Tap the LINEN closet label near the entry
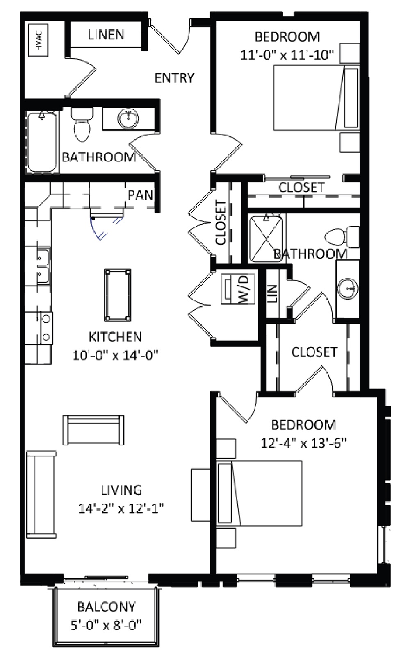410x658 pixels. click(x=106, y=35)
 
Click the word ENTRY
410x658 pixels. click(x=174, y=77)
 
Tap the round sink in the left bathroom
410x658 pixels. click(x=128, y=119)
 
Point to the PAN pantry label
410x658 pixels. click(x=140, y=195)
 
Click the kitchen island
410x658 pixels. click(x=118, y=295)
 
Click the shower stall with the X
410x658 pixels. click(x=266, y=238)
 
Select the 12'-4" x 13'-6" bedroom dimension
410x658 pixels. click(x=304, y=443)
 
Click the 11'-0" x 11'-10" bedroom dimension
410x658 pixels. click(x=287, y=55)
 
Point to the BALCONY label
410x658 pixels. click(x=106, y=607)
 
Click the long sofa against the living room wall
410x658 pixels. click(x=41, y=495)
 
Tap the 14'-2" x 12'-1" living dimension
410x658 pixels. click(x=121, y=508)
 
